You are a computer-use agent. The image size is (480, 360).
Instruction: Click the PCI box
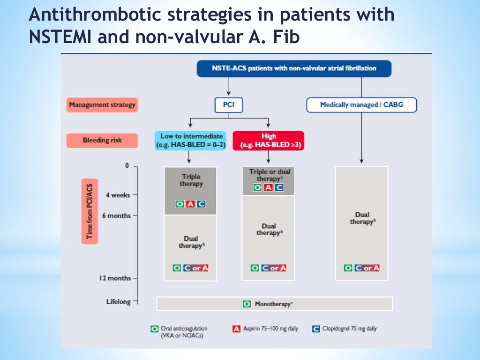click(x=229, y=105)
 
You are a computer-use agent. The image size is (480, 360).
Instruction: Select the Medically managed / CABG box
click(x=361, y=105)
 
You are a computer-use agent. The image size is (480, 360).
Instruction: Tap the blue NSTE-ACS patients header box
click(x=294, y=68)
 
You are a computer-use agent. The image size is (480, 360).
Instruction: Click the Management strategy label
click(x=102, y=105)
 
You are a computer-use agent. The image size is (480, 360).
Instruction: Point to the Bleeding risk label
click(x=102, y=140)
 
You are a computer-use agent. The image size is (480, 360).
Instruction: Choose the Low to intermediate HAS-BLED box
click(x=190, y=141)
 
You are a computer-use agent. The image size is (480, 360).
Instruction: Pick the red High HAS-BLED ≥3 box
click(x=269, y=141)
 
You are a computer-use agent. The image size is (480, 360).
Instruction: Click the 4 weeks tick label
click(x=118, y=195)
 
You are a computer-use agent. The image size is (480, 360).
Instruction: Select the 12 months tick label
click(x=115, y=278)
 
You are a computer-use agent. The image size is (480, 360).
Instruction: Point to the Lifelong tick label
click(x=119, y=302)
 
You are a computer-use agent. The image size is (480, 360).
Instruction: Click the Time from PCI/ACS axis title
click(x=90, y=211)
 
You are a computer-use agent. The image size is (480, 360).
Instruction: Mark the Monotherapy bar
click(x=274, y=304)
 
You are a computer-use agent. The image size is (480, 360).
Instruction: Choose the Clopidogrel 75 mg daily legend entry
click(x=345, y=329)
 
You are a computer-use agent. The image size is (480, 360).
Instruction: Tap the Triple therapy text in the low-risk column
click(x=190, y=180)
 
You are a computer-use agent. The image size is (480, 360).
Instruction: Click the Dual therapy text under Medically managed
click(x=361, y=218)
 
